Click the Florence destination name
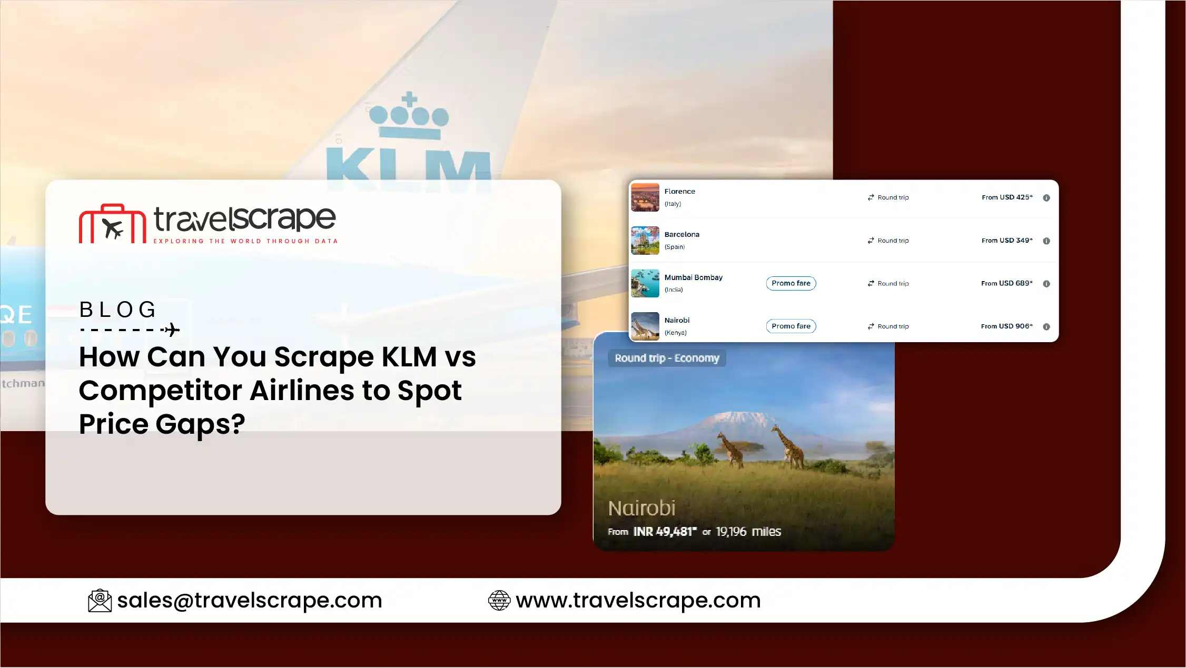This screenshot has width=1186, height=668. coord(679,192)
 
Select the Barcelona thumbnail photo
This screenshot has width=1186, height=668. coord(645,241)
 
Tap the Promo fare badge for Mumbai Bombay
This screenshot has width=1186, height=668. coord(791,283)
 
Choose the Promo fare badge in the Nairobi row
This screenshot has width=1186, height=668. coord(791,326)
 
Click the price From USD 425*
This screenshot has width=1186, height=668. coord(1007,197)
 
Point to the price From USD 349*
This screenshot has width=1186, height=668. coord(1007,241)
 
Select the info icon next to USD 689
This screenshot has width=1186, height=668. coord(1046,284)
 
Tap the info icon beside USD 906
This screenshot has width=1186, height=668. coord(1046,327)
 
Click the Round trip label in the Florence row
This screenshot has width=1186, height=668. coord(893,197)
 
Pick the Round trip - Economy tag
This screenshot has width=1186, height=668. coord(667,358)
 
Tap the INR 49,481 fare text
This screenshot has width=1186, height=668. coord(665,532)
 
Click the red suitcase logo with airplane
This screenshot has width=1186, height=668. coord(112,224)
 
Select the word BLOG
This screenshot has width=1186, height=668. coord(117,310)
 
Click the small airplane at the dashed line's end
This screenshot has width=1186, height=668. coord(171,330)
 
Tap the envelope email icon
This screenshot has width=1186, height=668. coord(100,601)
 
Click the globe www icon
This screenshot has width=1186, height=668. coord(499,601)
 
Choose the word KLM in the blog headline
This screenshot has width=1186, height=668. coord(409,357)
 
